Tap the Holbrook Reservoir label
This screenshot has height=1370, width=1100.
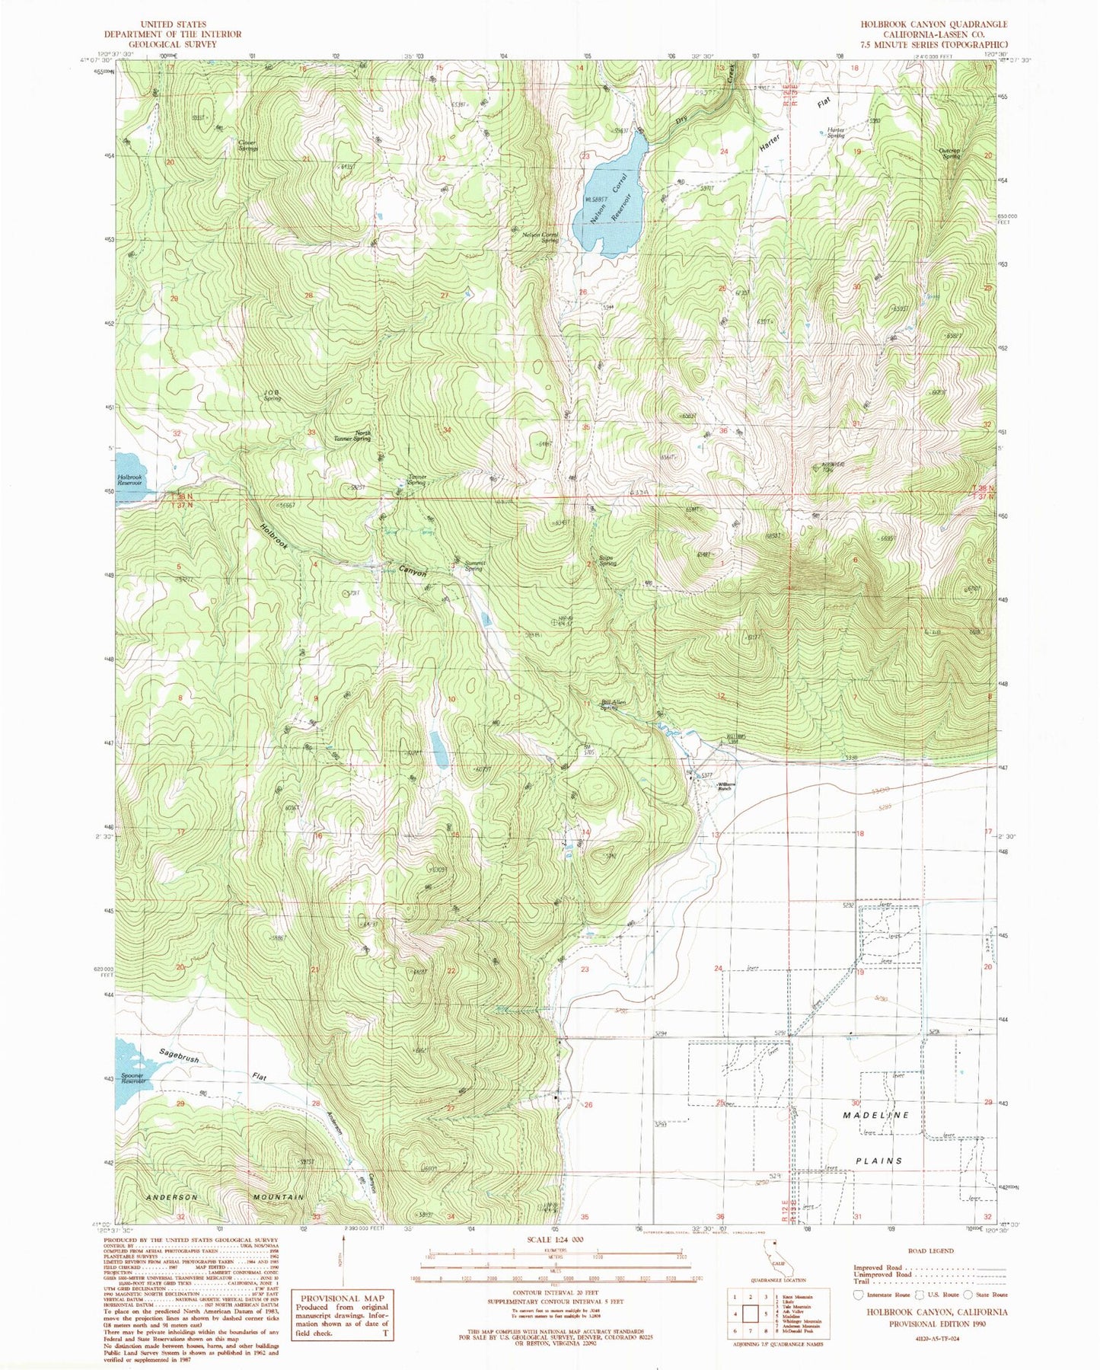pos(129,480)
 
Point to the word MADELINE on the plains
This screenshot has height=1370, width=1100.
pos(875,1115)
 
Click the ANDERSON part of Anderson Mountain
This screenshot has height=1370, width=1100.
pos(171,1197)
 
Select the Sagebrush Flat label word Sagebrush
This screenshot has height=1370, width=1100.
pos(180,1055)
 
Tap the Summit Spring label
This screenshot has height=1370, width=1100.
pos(473,566)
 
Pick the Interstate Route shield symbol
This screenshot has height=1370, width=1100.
pos(859,1294)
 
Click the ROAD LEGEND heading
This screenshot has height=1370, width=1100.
pos(929,1250)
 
